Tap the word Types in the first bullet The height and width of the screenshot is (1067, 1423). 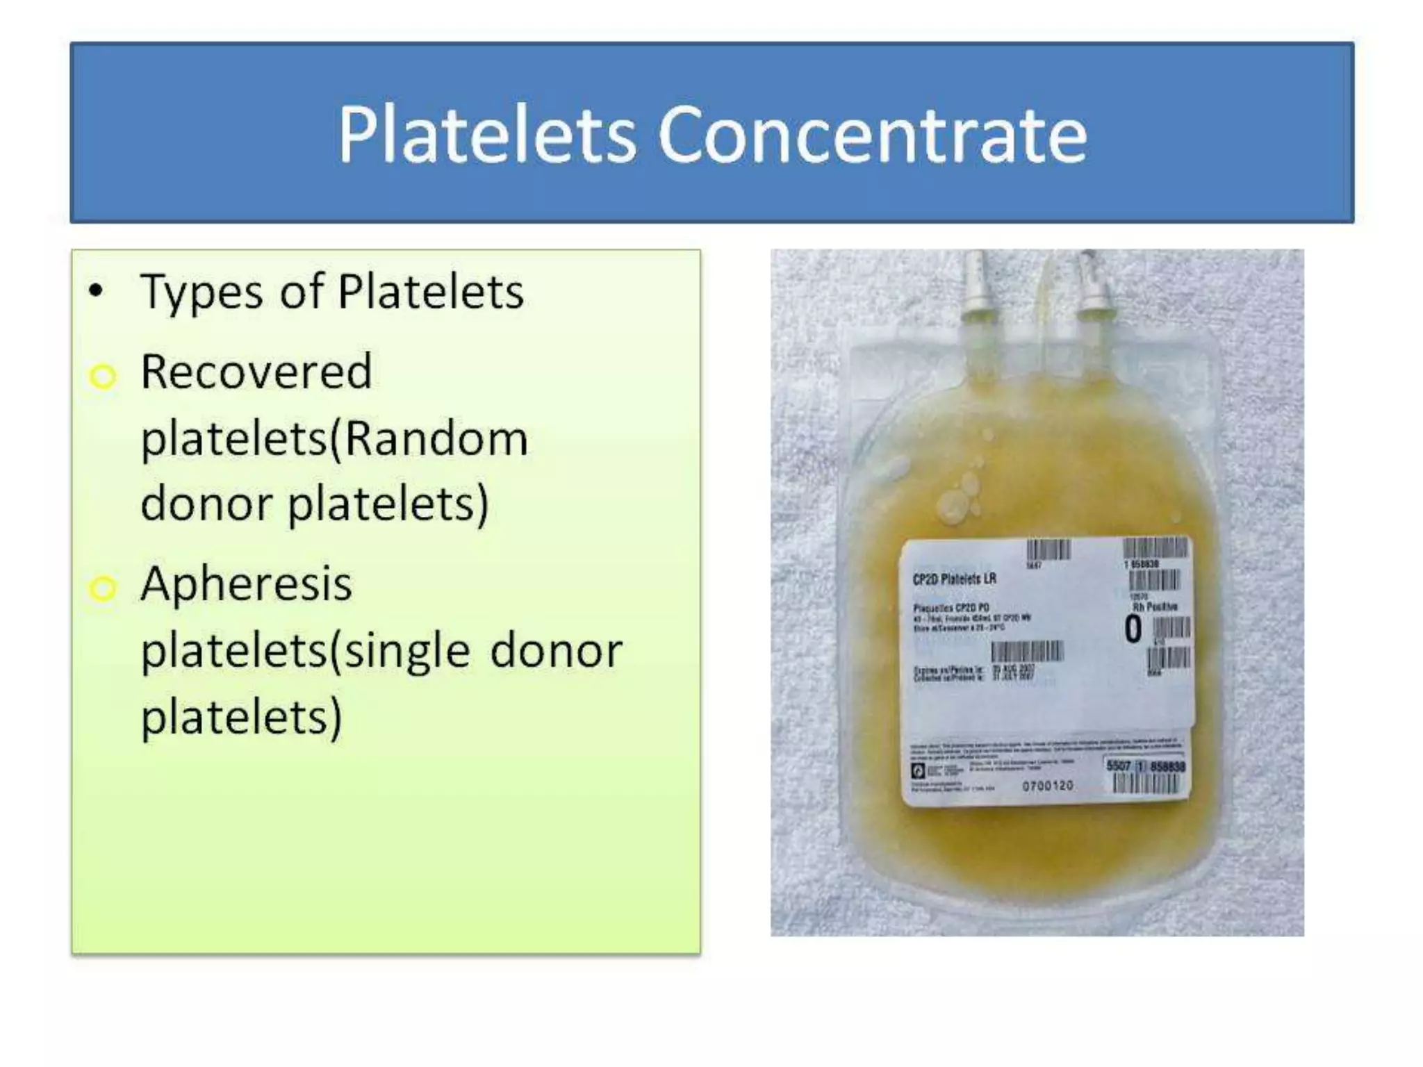(x=201, y=292)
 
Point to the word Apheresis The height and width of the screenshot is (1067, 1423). (x=246, y=584)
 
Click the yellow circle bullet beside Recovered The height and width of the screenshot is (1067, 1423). (x=103, y=377)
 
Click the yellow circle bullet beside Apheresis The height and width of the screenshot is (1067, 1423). (x=103, y=588)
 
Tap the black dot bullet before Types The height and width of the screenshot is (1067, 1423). (x=96, y=292)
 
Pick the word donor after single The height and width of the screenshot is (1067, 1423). (x=556, y=651)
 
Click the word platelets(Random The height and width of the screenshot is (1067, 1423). (x=334, y=439)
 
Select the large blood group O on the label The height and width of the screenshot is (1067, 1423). (x=1133, y=629)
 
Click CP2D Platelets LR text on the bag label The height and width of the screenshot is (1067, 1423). (x=954, y=579)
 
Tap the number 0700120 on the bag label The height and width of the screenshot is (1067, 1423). (x=1048, y=786)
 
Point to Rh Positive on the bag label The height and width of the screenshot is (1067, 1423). (x=1155, y=606)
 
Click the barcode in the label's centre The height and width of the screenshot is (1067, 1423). (x=1027, y=652)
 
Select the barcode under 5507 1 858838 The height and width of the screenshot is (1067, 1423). (x=1146, y=784)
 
